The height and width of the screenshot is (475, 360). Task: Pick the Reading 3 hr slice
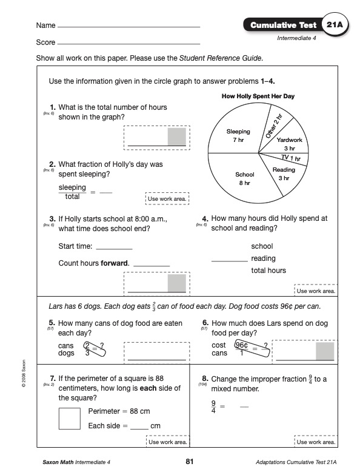point(284,174)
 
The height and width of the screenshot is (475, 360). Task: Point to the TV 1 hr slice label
point(291,158)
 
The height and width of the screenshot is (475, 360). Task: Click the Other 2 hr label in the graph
point(274,126)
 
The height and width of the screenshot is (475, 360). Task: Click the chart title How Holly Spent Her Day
point(258,96)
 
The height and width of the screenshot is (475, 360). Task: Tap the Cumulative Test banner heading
point(283,25)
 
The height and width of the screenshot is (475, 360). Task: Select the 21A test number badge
point(335,24)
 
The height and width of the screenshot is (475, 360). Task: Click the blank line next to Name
point(129,27)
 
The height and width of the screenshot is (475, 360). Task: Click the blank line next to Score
point(129,44)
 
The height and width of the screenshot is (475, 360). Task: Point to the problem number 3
point(53,219)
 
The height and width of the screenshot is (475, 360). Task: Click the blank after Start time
point(115,249)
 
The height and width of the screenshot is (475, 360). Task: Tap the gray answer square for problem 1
point(177,136)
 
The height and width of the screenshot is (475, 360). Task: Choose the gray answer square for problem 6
point(325,351)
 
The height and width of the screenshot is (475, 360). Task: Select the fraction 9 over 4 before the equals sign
point(213,407)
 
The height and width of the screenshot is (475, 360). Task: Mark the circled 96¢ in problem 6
point(242,345)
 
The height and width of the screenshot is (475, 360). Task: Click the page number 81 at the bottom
point(189,462)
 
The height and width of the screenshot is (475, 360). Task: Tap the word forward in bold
point(115,263)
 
